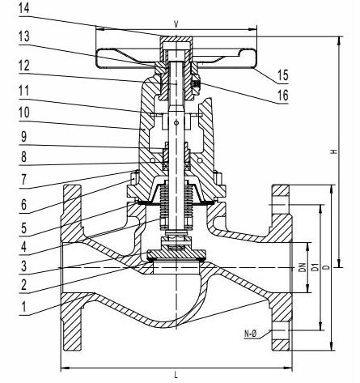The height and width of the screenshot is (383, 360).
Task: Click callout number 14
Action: click(x=23, y=8)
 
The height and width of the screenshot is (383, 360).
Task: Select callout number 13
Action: click(x=23, y=36)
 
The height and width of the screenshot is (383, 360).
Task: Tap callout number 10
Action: click(x=23, y=113)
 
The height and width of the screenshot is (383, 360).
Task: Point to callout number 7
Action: click(x=23, y=179)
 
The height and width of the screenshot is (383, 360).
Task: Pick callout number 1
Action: click(x=23, y=307)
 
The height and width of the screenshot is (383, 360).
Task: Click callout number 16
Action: click(x=283, y=96)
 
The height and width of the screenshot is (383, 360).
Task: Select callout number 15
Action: click(x=283, y=75)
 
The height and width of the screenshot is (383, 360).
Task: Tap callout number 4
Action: click(x=23, y=246)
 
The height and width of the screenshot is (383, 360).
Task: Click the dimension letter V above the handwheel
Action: click(x=176, y=24)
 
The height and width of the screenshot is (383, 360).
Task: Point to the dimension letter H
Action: click(x=334, y=151)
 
